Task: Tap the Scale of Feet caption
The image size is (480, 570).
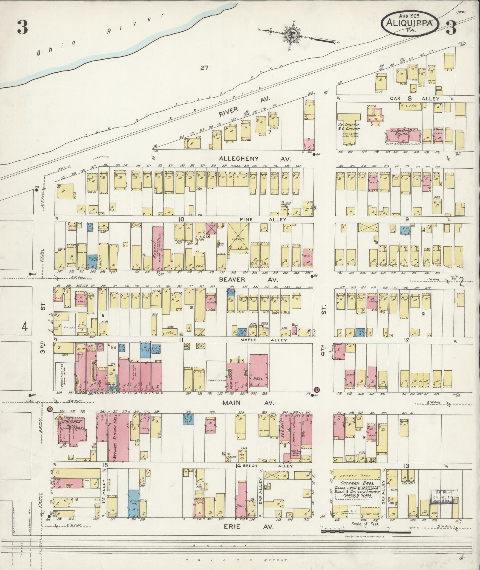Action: point(365,524)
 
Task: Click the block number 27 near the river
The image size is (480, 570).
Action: point(204,68)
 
